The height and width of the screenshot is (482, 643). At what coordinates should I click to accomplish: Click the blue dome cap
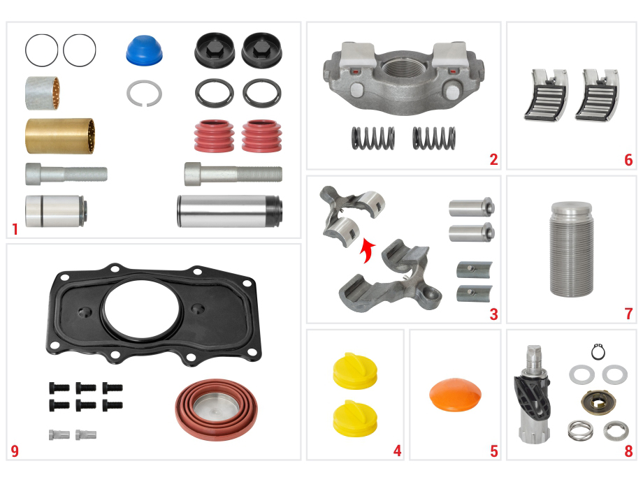[x=144, y=50]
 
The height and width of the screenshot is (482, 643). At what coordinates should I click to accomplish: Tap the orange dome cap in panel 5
[x=455, y=394]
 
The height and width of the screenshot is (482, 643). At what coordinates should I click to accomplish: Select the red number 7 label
[x=628, y=314]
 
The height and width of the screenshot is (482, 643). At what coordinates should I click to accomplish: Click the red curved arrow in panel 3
[x=366, y=250]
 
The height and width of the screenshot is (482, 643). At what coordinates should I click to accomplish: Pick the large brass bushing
[x=60, y=136]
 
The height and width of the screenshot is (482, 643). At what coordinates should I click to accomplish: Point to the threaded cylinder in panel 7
[x=571, y=249]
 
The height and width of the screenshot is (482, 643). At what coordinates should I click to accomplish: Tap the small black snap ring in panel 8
[x=598, y=352]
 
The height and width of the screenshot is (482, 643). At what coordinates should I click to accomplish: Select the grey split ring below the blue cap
[x=144, y=94]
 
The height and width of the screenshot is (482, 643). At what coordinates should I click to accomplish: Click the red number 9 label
[x=15, y=451]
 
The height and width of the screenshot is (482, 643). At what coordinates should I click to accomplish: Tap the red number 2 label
[x=493, y=159]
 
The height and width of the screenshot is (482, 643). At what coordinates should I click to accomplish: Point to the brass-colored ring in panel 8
[x=598, y=402]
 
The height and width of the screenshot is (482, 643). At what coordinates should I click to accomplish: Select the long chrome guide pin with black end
[x=230, y=211]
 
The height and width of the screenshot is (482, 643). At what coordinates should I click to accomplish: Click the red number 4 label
[x=397, y=451]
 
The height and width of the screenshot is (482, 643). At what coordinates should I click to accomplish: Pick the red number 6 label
[x=628, y=160]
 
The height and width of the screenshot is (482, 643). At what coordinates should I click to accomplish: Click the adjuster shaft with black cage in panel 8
[x=532, y=394]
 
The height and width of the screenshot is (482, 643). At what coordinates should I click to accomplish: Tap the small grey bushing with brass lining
[x=42, y=93]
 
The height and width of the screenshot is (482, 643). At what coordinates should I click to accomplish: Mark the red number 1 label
[x=15, y=229]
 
